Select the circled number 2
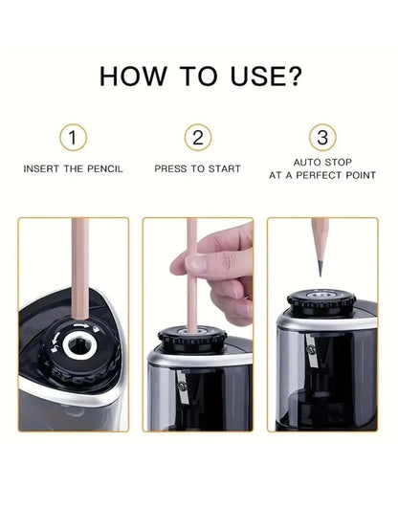[197, 138]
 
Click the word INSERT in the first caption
[42, 168]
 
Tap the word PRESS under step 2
[171, 168]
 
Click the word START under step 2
[222, 168]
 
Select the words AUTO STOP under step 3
[321, 163]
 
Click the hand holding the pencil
[225, 273]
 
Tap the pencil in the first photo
[79, 277]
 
